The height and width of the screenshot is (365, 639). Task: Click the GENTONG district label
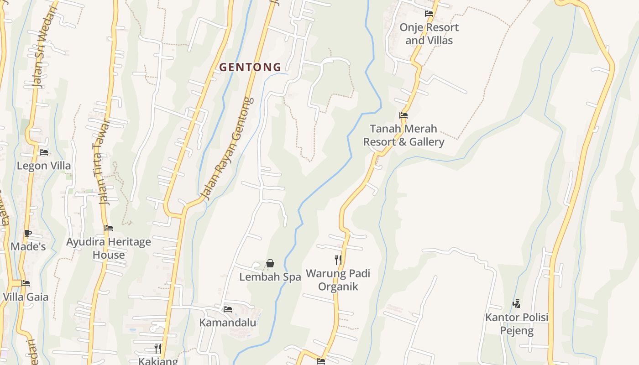click(250, 67)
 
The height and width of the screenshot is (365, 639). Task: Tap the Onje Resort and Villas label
click(429, 34)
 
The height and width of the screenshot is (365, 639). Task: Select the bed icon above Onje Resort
click(429, 14)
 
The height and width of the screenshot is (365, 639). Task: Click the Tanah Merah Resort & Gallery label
click(403, 135)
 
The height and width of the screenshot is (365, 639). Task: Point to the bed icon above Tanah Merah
click(403, 115)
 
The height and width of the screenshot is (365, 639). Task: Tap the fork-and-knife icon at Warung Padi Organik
click(338, 260)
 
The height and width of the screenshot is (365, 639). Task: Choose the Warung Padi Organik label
click(338, 280)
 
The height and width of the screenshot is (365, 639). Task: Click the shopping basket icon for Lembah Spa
click(270, 263)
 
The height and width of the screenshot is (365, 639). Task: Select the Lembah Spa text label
click(270, 277)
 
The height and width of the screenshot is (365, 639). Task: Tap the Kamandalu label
click(228, 323)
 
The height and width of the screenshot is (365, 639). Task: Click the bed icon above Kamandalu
click(228, 309)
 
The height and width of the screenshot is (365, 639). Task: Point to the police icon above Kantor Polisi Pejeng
click(517, 303)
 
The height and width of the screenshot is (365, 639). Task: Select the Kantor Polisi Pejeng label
click(517, 323)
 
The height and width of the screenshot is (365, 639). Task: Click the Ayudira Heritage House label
click(109, 248)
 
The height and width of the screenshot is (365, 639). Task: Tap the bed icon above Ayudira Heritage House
click(109, 228)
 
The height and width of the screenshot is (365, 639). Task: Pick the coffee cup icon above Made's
click(28, 234)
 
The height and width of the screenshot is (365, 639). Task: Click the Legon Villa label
click(44, 166)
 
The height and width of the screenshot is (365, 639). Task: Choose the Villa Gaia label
click(26, 297)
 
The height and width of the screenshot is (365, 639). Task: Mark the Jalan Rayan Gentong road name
click(227, 148)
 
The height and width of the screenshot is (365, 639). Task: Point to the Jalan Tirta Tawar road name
click(101, 162)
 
